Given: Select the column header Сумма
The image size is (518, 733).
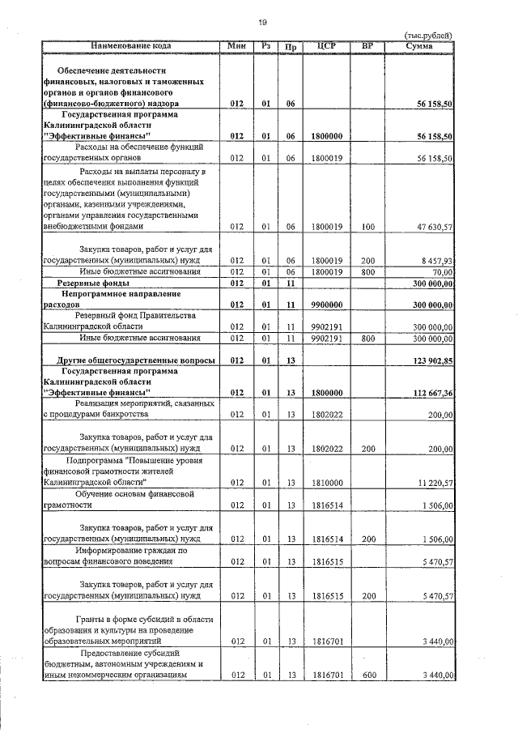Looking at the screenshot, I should (x=419, y=46).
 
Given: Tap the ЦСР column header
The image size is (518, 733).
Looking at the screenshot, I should (x=327, y=46).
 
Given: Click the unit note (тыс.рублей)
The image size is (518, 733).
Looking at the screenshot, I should (x=427, y=36).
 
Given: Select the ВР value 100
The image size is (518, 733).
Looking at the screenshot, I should (x=367, y=228).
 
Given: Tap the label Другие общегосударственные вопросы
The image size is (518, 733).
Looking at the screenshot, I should (x=135, y=359).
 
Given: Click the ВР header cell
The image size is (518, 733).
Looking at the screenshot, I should (x=367, y=46).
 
